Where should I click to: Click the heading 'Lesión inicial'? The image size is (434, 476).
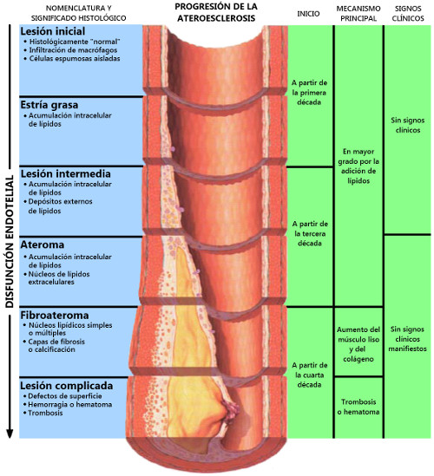click(x=53, y=31)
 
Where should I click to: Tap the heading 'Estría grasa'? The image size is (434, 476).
click(x=49, y=105)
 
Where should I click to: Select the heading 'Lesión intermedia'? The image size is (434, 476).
click(x=66, y=173)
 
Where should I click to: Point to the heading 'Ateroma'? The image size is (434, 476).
click(x=43, y=245)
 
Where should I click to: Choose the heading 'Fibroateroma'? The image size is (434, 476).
click(x=55, y=315)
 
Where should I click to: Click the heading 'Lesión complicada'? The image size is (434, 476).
click(x=67, y=386)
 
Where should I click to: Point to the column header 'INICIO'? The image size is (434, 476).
click(x=308, y=14)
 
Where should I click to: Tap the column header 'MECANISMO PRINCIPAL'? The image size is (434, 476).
click(x=358, y=13)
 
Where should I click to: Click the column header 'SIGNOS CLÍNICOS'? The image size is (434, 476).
click(x=408, y=13)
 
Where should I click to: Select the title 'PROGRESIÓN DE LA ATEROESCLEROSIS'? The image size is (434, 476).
click(x=216, y=12)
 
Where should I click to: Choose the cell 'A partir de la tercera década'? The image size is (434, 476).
click(x=310, y=233)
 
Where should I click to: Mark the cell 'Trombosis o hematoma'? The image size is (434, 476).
click(x=358, y=407)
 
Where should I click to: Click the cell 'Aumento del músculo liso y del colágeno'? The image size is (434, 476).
click(x=358, y=344)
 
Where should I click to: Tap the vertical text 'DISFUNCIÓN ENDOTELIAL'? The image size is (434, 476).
click(x=10, y=241)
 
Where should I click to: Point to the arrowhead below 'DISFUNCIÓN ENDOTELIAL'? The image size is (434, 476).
click(x=10, y=434)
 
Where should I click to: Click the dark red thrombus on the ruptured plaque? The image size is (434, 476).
click(x=231, y=409)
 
